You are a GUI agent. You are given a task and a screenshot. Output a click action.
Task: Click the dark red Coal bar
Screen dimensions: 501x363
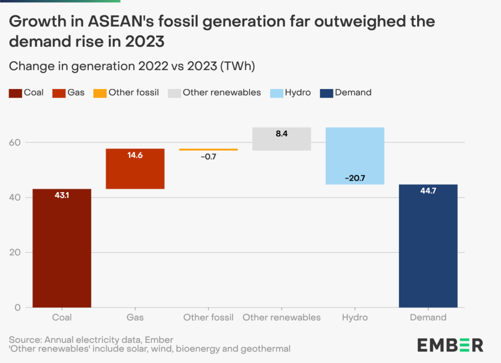pyautogui.click(x=61, y=248)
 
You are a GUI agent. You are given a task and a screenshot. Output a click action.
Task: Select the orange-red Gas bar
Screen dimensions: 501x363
pyautogui.click(x=135, y=169)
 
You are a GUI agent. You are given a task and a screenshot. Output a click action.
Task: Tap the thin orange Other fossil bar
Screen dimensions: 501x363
pyautogui.click(x=208, y=150)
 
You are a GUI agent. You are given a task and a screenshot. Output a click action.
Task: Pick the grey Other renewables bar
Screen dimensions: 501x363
pyautogui.click(x=281, y=139)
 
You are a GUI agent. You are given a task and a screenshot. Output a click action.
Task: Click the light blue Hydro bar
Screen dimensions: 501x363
pyautogui.click(x=355, y=156)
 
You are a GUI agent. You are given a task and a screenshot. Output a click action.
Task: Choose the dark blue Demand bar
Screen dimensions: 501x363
pyautogui.click(x=428, y=246)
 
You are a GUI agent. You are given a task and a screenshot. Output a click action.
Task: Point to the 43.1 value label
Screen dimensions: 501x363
pyautogui.click(x=61, y=195)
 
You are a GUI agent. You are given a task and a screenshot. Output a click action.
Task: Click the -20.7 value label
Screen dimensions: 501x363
pyautogui.click(x=355, y=178)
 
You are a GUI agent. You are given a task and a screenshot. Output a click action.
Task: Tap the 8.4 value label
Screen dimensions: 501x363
pyautogui.click(x=281, y=134)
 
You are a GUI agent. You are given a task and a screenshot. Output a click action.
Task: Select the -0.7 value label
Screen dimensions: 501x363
pyautogui.click(x=208, y=157)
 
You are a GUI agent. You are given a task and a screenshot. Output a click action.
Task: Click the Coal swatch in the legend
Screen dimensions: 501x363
pyautogui.click(x=15, y=93)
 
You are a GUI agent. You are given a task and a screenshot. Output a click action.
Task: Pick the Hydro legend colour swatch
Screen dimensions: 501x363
pyautogui.click(x=276, y=93)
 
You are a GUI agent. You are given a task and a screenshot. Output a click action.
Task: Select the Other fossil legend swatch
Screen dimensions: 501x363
pyautogui.click(x=100, y=93)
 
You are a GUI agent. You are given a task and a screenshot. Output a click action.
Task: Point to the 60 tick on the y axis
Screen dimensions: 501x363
pyautogui.click(x=15, y=143)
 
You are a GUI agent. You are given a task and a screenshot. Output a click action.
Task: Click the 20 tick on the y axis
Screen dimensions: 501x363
pyautogui.click(x=15, y=252)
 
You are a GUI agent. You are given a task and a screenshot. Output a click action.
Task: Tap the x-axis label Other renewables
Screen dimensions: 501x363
pyautogui.click(x=281, y=318)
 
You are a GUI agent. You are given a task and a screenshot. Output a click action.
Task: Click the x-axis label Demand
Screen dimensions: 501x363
pyautogui.click(x=428, y=318)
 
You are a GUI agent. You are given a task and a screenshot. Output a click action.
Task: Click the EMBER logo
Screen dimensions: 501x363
pyautogui.click(x=450, y=345)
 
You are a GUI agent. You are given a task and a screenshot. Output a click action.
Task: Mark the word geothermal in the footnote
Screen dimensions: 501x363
pyautogui.click(x=266, y=348)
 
